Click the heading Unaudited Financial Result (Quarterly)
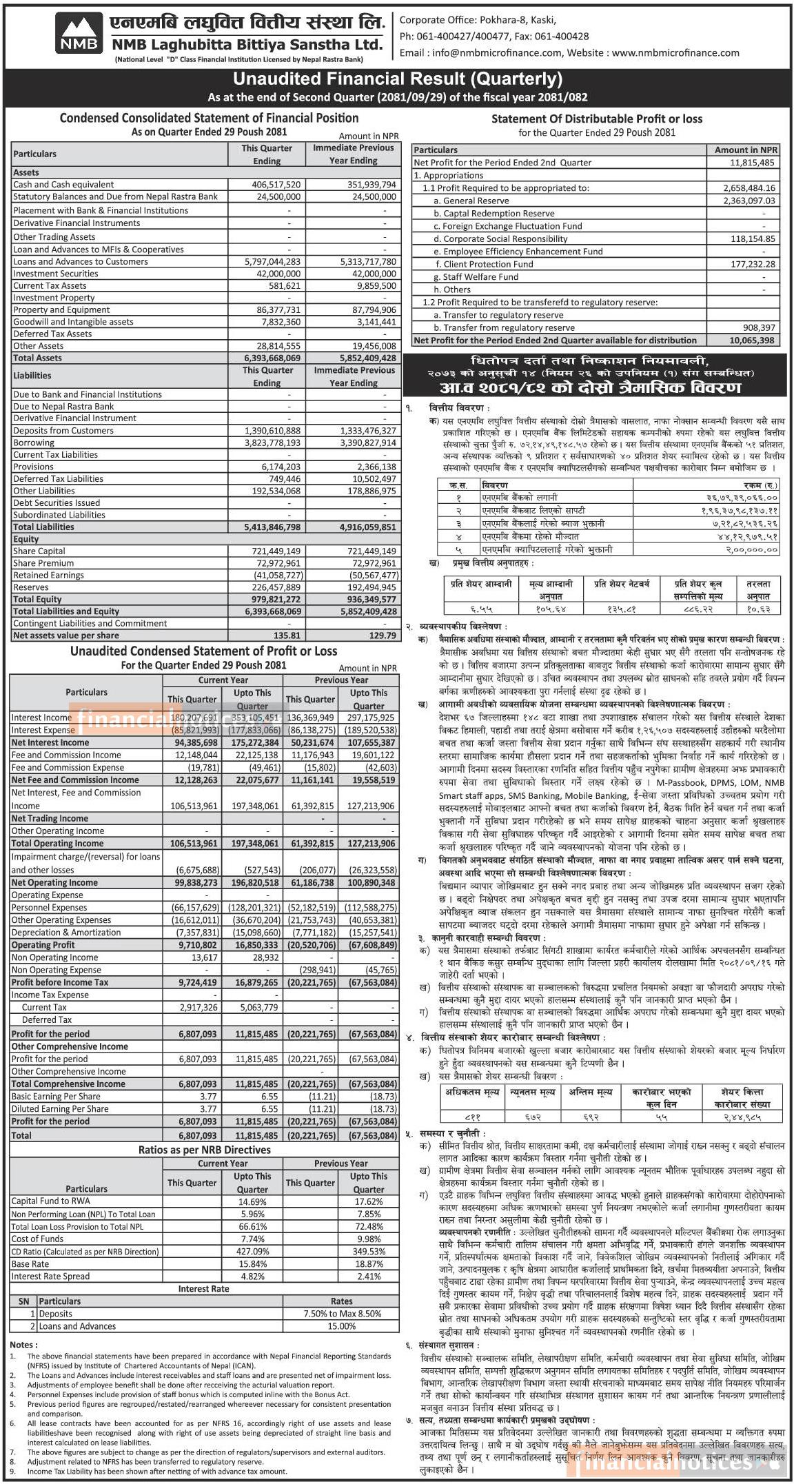(x=397, y=79)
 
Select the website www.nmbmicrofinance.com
(x=675, y=52)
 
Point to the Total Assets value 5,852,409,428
(x=368, y=358)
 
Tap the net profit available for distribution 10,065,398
(x=751, y=340)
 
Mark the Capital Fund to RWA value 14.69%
(x=252, y=1201)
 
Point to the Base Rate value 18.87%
(x=369, y=1264)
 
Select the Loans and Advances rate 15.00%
(x=342, y=1325)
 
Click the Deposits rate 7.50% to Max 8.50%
(x=342, y=1314)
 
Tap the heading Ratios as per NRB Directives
(x=204, y=1150)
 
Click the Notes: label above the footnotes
(x=23, y=1345)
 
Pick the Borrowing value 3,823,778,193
(x=272, y=443)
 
